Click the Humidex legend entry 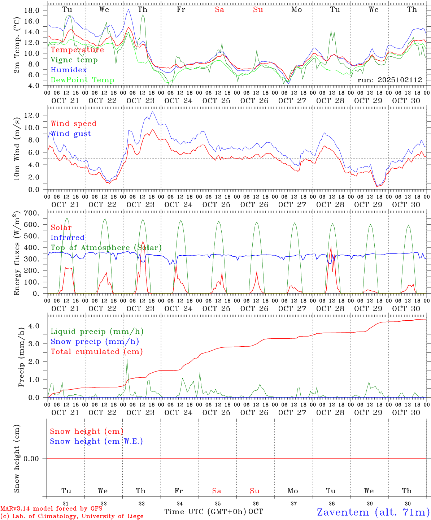click(x=69, y=70)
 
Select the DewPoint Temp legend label click(x=82, y=80)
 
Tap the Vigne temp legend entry click(x=74, y=60)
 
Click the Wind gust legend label click(x=71, y=134)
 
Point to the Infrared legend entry click(x=68, y=238)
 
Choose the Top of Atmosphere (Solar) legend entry click(x=106, y=248)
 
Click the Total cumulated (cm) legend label click(x=96, y=351)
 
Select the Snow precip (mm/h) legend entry click(x=95, y=342)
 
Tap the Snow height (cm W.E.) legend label click(x=96, y=441)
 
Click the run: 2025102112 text click(x=389, y=80)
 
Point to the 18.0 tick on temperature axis click(x=31, y=10)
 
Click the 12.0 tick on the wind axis click(x=31, y=115)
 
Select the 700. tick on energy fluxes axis click(x=31, y=213)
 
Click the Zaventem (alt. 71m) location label click(x=373, y=512)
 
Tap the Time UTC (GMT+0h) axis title click(x=205, y=512)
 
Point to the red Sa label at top click(x=219, y=9)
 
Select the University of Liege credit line click(x=72, y=516)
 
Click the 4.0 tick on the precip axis click(x=34, y=326)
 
